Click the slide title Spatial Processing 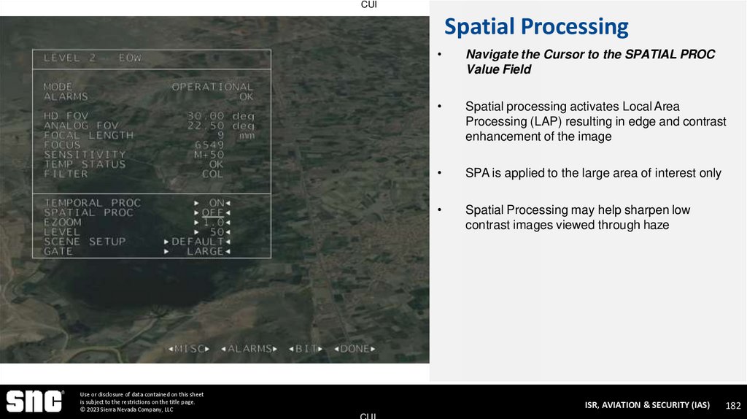click(536, 27)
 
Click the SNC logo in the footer click(35, 401)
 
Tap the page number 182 click(732, 405)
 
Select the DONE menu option click(355, 349)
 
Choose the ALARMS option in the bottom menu click(249, 349)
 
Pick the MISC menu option click(189, 349)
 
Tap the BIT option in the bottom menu click(306, 349)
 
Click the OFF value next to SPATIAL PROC click(212, 212)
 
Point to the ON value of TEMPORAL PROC click(217, 203)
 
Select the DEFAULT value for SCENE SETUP click(197, 242)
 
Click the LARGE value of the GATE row click(205, 251)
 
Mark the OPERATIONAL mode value click(212, 87)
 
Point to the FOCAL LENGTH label click(89, 135)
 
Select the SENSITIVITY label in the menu click(85, 155)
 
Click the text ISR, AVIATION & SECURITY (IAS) click(647, 405)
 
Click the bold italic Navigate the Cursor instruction click(589, 62)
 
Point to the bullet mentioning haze click(577, 218)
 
